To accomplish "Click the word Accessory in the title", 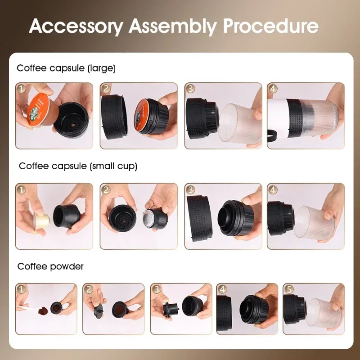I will [x=76, y=27].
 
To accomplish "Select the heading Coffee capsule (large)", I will [x=66, y=68].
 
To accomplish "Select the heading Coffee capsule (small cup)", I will [x=78, y=166].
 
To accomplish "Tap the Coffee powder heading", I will [x=50, y=266].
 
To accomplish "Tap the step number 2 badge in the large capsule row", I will [x=106, y=89].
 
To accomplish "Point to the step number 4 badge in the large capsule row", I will [x=273, y=89].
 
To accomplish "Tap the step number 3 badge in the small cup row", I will [x=190, y=189].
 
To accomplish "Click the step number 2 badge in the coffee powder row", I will [x=89, y=289].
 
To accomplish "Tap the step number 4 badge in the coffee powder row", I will [x=222, y=289].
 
